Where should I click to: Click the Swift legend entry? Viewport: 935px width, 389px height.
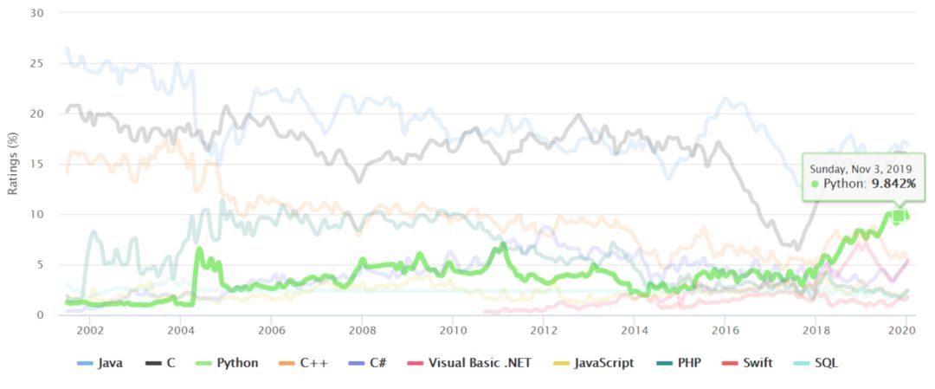pos(758,362)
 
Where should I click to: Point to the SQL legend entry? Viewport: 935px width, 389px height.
pos(823,362)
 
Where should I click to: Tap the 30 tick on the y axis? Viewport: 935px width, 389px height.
pos(38,13)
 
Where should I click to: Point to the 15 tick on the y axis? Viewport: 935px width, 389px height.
pos(38,164)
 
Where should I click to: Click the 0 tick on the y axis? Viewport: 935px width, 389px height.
pos(41,314)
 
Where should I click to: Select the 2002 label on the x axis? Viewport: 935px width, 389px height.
pos(89,330)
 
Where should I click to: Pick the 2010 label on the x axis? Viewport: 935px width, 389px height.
pos(453,330)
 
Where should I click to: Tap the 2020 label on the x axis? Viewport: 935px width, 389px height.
pos(904,330)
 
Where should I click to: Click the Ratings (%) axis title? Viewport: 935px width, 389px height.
pos(13,164)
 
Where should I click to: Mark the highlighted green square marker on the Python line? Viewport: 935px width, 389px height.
pos(900,216)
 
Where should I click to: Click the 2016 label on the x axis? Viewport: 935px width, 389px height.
pos(725,330)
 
